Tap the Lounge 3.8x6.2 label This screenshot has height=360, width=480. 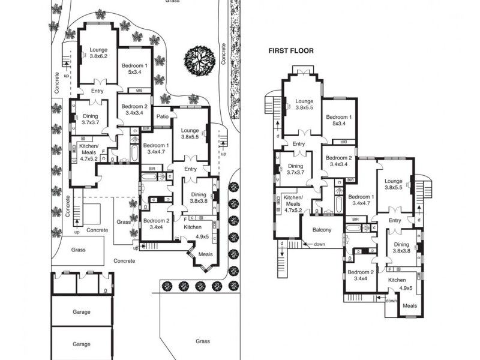(x=98, y=53)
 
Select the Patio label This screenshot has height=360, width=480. (x=162, y=116)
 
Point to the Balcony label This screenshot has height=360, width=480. (x=322, y=230)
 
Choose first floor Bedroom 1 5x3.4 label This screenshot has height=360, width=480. (x=338, y=121)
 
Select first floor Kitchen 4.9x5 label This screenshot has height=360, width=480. (x=397, y=284)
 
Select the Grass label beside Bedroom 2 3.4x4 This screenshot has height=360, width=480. (x=124, y=221)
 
